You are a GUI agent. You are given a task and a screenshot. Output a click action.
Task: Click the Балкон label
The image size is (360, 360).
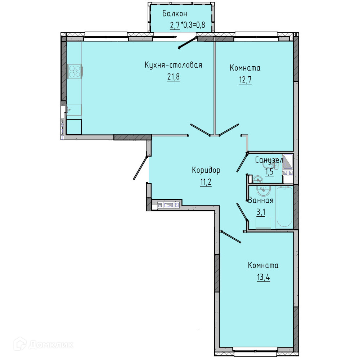(x=175, y=14)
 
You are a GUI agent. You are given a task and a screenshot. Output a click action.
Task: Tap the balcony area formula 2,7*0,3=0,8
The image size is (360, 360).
(x=187, y=25)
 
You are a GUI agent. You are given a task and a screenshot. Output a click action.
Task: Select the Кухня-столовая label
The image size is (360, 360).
(x=174, y=65)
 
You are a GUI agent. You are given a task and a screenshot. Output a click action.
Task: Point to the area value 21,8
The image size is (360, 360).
(x=174, y=77)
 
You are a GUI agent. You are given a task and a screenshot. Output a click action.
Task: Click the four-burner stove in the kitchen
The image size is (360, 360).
(x=75, y=71)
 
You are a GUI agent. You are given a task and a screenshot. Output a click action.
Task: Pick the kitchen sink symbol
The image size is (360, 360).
(x=74, y=110)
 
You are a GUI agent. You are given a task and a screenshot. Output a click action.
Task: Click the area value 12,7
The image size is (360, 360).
(x=245, y=80)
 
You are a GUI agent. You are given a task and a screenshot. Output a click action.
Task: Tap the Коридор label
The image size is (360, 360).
(x=206, y=170)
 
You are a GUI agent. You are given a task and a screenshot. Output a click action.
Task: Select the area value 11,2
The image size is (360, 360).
(x=206, y=182)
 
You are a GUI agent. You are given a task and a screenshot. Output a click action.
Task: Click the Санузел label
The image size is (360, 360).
(x=269, y=160)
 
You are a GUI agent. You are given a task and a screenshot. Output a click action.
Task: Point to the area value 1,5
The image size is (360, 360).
(x=269, y=172)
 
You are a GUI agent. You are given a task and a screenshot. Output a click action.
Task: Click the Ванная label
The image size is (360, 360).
(x=261, y=200)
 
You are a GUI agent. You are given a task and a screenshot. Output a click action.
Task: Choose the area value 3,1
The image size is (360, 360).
(x=261, y=212)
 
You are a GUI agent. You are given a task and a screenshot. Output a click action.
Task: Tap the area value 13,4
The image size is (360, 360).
(x=264, y=277)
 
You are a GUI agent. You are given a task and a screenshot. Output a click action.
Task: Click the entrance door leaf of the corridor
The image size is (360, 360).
(x=140, y=168)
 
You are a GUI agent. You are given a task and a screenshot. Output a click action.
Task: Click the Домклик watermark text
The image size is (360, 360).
(x=51, y=345)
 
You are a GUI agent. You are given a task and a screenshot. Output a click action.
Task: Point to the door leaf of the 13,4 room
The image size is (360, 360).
(x=231, y=237)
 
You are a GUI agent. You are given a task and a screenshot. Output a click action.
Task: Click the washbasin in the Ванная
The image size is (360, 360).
(x=263, y=190)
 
